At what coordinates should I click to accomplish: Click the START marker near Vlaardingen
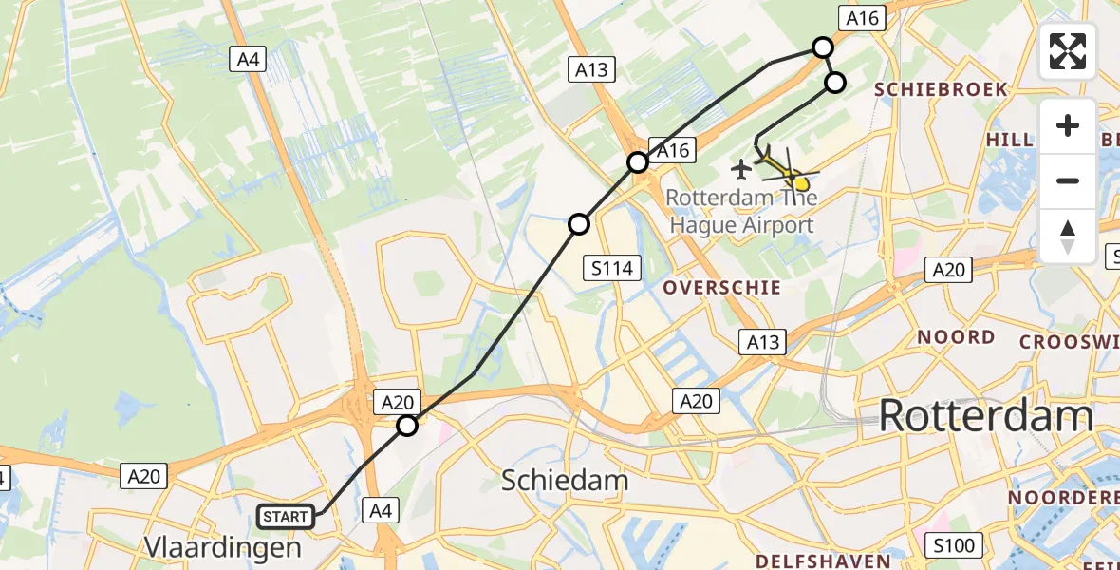coord(286,517)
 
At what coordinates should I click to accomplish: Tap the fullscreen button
coord(1068,51)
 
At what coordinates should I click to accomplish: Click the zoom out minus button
coord(1068,180)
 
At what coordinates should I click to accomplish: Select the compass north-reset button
coord(1068,236)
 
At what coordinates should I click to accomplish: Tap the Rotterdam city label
coord(986,416)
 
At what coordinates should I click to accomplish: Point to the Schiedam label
coord(565,481)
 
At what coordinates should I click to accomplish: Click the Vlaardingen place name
coord(222,546)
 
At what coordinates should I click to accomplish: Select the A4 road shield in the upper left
coord(247,60)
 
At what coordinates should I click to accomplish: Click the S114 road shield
coord(611,268)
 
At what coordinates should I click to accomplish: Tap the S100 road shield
coord(952,545)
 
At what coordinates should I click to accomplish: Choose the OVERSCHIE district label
coord(722,287)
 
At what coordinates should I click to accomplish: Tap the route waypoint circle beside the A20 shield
coord(407,426)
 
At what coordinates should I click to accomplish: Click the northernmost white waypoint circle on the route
coord(823,47)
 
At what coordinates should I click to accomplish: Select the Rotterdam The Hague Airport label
coord(741,212)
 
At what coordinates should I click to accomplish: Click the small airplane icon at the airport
coord(740,169)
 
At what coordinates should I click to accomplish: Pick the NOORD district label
coord(956,336)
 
